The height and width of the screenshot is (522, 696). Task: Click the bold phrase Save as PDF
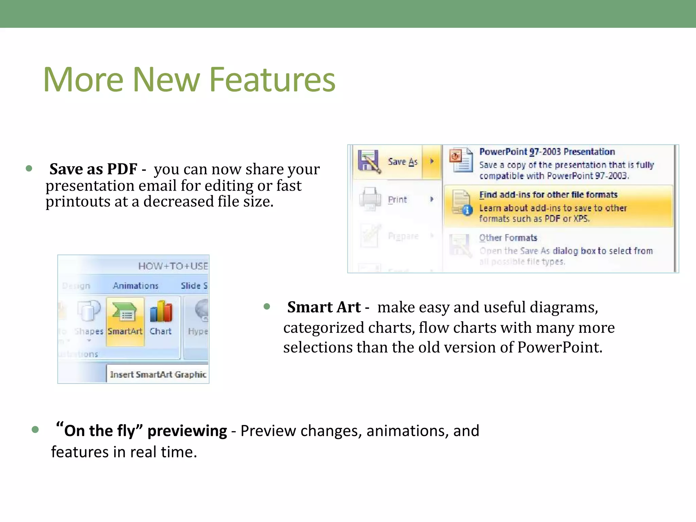point(93,169)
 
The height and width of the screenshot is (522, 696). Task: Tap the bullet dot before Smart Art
point(267,307)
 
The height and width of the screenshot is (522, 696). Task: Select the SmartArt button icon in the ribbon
point(124,312)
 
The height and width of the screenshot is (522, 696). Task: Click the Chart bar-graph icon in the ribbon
point(161,312)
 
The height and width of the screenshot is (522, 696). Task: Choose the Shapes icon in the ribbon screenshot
point(88,311)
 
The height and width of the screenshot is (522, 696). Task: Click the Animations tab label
point(136,286)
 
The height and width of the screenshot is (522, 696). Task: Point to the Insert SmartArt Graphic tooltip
point(158,374)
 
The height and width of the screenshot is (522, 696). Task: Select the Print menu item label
point(397,199)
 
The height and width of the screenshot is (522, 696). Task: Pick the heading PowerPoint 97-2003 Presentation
point(547,152)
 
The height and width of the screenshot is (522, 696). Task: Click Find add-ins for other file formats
point(548,195)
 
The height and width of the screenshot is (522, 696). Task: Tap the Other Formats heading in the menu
point(508,238)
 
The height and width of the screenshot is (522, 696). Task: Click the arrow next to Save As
point(432,161)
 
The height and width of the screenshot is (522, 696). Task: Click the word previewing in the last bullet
point(187,431)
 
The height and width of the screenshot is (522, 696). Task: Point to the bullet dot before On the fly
point(35,430)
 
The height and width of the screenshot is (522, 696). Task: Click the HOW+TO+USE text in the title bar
point(173,266)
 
